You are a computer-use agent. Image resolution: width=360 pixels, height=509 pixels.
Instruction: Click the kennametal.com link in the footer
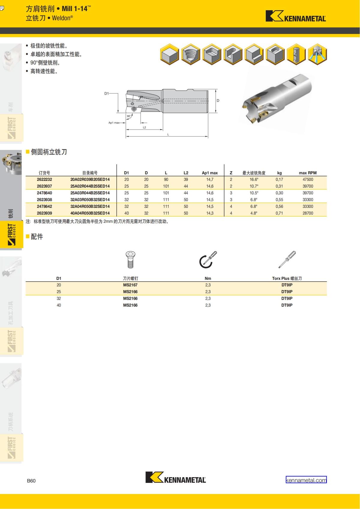306,480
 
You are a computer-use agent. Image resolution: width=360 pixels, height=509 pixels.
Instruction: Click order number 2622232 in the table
44,179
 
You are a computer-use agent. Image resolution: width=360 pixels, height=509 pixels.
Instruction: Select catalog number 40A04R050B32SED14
90,213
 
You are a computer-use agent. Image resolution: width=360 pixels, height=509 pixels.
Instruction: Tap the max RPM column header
308,173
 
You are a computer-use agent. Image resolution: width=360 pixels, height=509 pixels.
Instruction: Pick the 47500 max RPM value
308,179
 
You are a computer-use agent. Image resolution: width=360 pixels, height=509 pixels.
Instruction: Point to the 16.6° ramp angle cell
254,179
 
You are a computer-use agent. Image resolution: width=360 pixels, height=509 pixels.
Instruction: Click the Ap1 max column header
210,173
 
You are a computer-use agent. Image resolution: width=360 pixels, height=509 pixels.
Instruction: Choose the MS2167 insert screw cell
130,285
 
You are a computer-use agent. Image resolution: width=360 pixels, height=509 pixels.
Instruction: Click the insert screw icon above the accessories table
130,259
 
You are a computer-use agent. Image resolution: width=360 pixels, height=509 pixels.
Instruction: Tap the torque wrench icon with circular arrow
208,259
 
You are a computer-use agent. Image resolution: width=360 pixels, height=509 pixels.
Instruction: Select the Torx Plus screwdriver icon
287,259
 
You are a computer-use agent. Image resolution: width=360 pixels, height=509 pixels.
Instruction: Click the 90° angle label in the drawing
129,116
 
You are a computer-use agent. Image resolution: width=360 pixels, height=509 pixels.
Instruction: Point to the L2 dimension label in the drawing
144,127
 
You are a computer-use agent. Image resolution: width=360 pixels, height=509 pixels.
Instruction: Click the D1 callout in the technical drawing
106,93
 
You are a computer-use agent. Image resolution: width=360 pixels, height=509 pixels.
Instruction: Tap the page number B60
31,481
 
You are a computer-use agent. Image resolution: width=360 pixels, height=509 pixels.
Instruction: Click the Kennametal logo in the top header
296,16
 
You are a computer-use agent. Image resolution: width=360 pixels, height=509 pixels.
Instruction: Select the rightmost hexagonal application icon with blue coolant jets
317,54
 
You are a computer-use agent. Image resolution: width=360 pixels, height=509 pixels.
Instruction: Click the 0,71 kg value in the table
279,213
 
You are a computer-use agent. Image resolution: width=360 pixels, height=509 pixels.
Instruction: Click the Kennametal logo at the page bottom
175,477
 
